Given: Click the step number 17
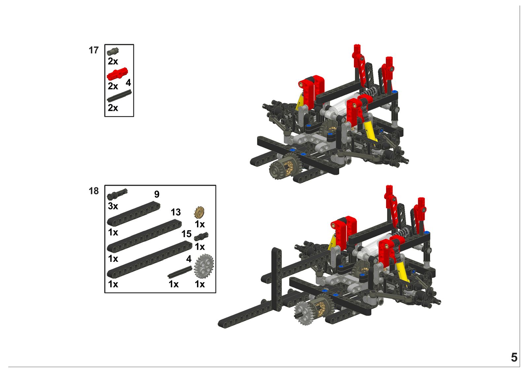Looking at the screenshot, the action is tap(94, 50).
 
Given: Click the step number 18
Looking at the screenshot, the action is tap(94, 191).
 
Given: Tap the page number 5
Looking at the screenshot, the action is tap(514, 357).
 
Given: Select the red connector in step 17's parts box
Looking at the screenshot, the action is tap(117, 74).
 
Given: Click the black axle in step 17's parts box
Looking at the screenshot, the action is tap(119, 96).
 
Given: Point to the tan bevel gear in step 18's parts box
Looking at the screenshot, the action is tap(199, 212).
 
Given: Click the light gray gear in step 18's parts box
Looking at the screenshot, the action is tap(204, 266).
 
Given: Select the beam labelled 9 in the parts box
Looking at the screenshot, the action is tap(133, 214).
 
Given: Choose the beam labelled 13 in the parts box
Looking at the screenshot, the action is tap(144, 235).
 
